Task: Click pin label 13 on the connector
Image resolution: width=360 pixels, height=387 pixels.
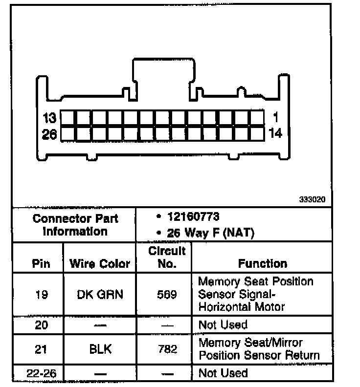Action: coord(50,118)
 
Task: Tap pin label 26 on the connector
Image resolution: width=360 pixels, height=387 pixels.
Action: coord(49,134)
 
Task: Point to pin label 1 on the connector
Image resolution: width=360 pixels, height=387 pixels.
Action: coord(276,117)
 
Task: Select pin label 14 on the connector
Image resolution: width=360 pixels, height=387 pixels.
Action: coord(275,133)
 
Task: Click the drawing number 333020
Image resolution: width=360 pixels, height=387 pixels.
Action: coord(312,200)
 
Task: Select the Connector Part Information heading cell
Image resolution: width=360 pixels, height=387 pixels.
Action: coord(74,224)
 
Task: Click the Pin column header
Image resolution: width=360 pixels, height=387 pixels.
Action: coord(41,264)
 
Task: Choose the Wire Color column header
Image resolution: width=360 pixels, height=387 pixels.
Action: coord(100,264)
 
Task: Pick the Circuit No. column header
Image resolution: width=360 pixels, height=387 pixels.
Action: coord(167,258)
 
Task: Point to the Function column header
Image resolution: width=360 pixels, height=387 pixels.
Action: coord(263,264)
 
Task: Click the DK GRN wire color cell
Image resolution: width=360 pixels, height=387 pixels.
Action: coord(100,294)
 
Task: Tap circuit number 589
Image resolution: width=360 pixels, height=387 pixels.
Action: coord(167,294)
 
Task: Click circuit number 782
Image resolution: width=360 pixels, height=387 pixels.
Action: coord(167,349)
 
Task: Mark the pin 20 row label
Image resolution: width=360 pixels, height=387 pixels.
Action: coord(41,325)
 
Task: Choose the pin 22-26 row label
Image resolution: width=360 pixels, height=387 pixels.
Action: coord(41,374)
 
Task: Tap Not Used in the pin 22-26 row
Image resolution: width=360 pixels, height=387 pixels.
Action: coord(223,373)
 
